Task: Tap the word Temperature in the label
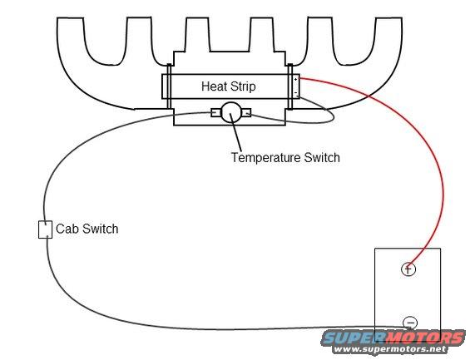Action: click(x=265, y=157)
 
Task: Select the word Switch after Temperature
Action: click(x=322, y=157)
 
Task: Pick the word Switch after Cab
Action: click(x=101, y=229)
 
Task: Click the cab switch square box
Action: click(x=45, y=229)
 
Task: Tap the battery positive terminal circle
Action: click(x=408, y=269)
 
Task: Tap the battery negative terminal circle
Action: click(x=410, y=323)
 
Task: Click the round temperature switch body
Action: click(x=230, y=112)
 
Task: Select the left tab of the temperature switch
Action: click(x=215, y=112)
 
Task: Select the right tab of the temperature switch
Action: click(x=246, y=112)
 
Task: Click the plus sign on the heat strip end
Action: click(x=296, y=80)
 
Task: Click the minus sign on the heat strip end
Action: click(x=296, y=93)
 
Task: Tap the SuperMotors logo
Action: click(x=393, y=338)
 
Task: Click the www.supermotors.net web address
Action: click(x=390, y=349)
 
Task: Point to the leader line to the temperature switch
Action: click(x=236, y=132)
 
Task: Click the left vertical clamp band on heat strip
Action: click(x=169, y=86)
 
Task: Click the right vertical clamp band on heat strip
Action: click(x=289, y=86)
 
